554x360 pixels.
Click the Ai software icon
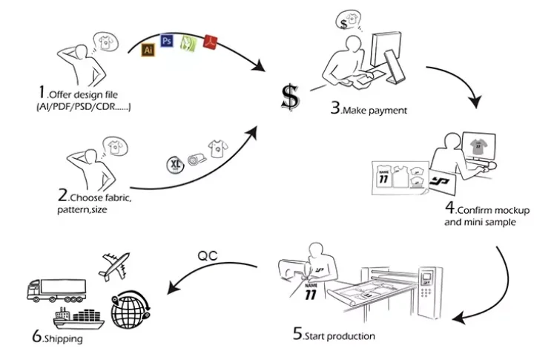coord(148,50)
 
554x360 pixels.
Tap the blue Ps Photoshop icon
coord(167,41)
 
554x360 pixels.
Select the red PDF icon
coord(210,43)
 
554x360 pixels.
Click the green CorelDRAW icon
coord(188,42)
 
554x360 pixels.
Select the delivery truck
coord(56,288)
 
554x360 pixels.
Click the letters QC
coord(207,255)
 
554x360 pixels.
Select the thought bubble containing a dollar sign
coord(346,21)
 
